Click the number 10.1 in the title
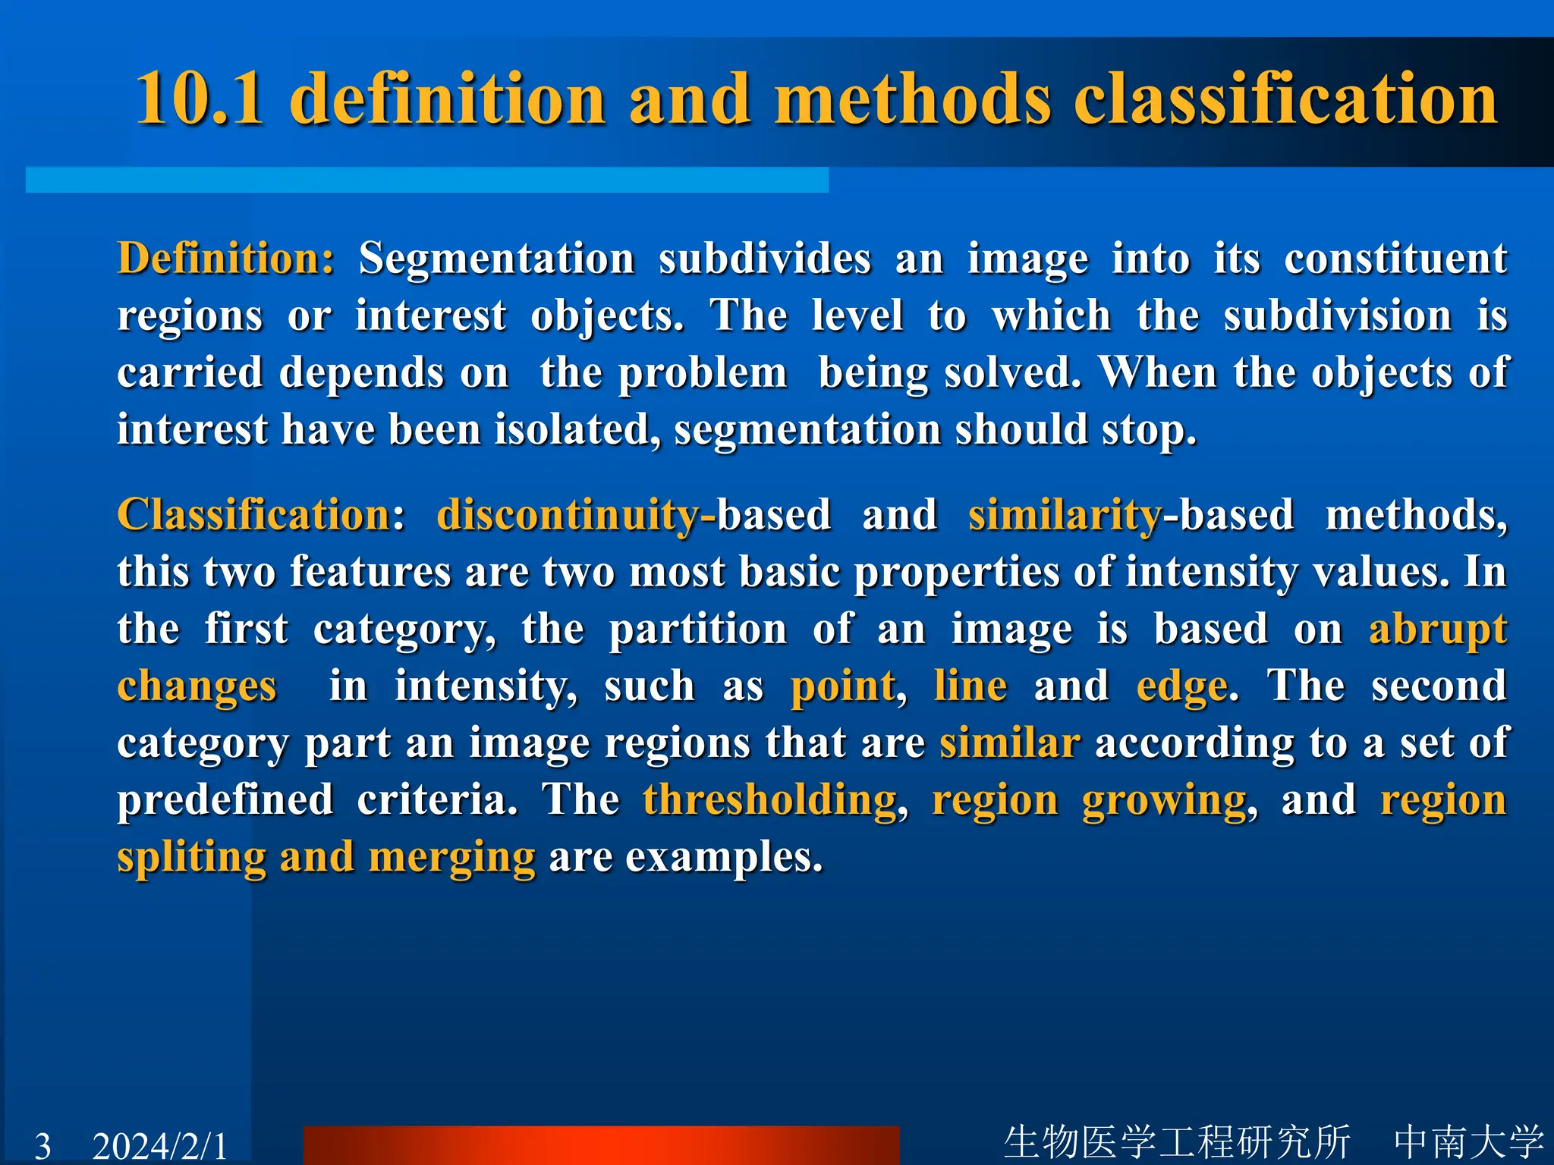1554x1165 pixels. point(200,99)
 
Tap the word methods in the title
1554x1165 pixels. point(912,99)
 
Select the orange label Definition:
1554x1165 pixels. point(225,259)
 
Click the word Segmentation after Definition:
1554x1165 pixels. point(496,259)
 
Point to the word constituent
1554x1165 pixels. point(1395,259)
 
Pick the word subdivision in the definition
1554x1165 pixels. point(1337,316)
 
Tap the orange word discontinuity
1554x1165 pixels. point(568,515)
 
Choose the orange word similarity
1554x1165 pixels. point(1065,515)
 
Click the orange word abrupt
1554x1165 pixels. point(1437,630)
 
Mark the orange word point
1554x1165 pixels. point(843,686)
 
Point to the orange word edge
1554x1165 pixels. point(1181,686)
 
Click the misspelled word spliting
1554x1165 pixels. point(191,857)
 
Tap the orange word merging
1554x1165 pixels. point(451,857)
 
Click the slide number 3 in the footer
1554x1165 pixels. point(43,1145)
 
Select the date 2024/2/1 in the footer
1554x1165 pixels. point(159,1145)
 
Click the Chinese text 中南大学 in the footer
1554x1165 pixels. point(1468,1141)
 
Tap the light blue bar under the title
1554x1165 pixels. point(426,181)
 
